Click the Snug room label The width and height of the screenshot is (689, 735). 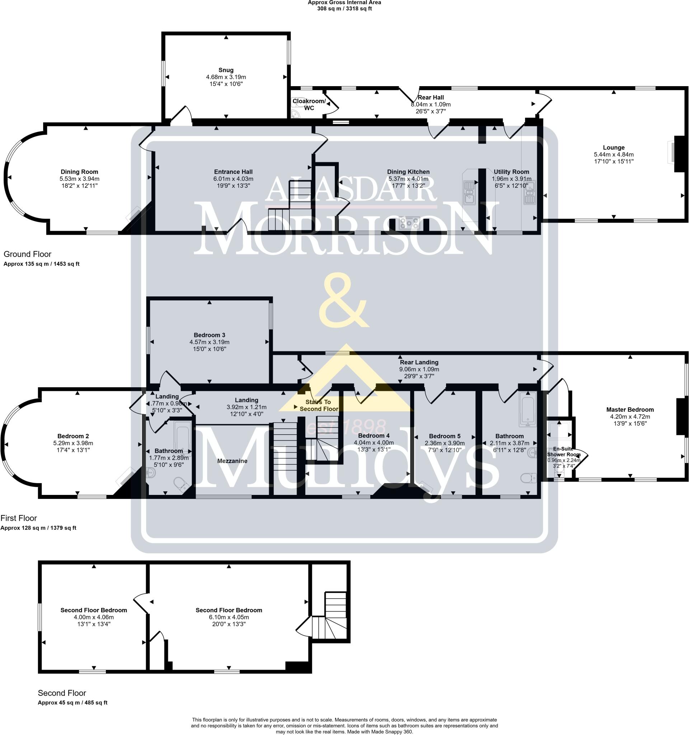click(226, 70)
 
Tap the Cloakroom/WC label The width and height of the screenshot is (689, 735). click(309, 105)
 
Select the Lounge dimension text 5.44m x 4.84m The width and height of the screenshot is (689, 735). click(614, 155)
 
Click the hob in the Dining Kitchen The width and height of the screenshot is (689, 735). click(409, 223)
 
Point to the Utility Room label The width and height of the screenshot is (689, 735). click(511, 172)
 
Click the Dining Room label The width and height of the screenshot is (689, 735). click(79, 172)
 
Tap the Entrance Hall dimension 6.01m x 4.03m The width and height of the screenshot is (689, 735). click(233, 179)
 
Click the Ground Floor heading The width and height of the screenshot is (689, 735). click(27, 254)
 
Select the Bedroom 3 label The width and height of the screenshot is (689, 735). click(209, 335)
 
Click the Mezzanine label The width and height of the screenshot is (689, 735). click(232, 461)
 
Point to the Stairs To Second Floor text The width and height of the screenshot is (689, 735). click(319, 405)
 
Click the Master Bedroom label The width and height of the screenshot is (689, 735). click(630, 409)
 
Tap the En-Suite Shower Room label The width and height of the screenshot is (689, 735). click(563, 451)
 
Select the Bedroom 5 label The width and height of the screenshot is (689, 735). click(445, 436)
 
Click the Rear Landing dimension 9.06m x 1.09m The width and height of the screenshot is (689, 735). click(419, 369)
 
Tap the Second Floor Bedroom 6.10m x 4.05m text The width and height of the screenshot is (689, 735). click(229, 617)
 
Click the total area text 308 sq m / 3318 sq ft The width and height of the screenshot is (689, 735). click(344, 9)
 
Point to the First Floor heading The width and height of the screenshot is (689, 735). click(19, 518)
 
